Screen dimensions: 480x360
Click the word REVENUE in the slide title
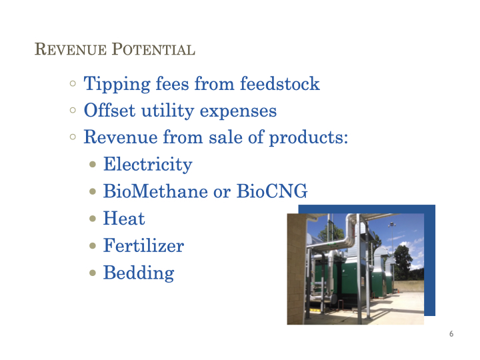point(71,49)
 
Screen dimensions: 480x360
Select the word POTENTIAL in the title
point(153,49)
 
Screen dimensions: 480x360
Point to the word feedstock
point(280,83)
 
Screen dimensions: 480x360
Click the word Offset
point(109,110)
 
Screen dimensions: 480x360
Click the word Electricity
point(148,165)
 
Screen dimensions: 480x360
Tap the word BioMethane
point(155,191)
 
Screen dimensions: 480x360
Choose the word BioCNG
point(272,191)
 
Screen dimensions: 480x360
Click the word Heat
point(124,218)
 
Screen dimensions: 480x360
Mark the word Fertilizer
point(143,245)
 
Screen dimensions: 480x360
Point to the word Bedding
point(139,273)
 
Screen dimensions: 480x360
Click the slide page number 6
point(451,334)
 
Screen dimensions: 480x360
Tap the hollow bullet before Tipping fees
point(73,83)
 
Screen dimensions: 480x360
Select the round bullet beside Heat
point(93,219)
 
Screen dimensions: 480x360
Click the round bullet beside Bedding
point(93,273)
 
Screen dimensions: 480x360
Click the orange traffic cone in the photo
point(399,291)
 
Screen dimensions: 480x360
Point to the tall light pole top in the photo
point(391,225)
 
